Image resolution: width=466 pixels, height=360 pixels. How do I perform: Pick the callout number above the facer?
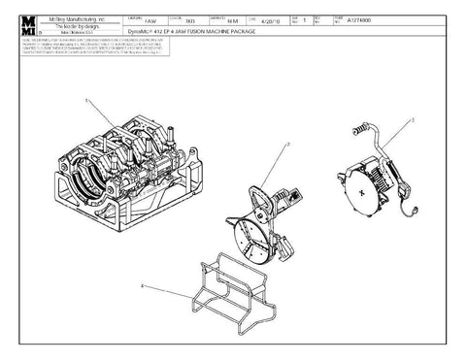click(287, 144)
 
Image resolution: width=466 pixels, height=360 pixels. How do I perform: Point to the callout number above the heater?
click(412, 120)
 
